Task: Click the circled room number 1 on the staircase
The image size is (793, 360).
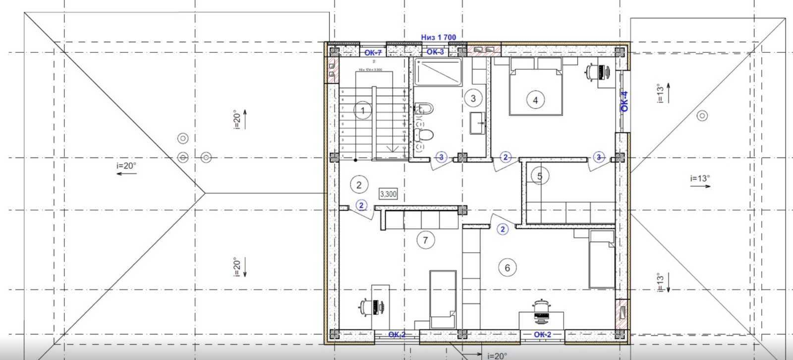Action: pyautogui.click(x=363, y=111)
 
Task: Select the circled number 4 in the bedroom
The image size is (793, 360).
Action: pyautogui.click(x=535, y=100)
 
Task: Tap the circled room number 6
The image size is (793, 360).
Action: pyautogui.click(x=507, y=268)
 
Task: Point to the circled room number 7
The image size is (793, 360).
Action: pyautogui.click(x=425, y=240)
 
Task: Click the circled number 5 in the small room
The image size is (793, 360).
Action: pyautogui.click(x=540, y=176)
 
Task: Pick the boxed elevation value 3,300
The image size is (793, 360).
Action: pyautogui.click(x=388, y=194)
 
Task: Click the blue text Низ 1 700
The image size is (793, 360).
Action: pyautogui.click(x=438, y=37)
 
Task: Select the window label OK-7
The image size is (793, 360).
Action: pyautogui.click(x=373, y=53)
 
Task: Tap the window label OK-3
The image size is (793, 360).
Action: pyautogui.click(x=435, y=52)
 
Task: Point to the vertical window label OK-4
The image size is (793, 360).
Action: pyautogui.click(x=624, y=101)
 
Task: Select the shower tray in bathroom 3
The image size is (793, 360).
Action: pyautogui.click(x=438, y=72)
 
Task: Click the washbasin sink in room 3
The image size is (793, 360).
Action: pyautogui.click(x=478, y=123)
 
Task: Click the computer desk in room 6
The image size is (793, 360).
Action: pyautogui.click(x=541, y=320)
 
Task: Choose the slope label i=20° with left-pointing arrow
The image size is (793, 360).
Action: pyautogui.click(x=126, y=167)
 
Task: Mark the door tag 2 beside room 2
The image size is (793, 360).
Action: pyautogui.click(x=362, y=205)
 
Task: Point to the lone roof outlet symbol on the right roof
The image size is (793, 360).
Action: pyautogui.click(x=702, y=116)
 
